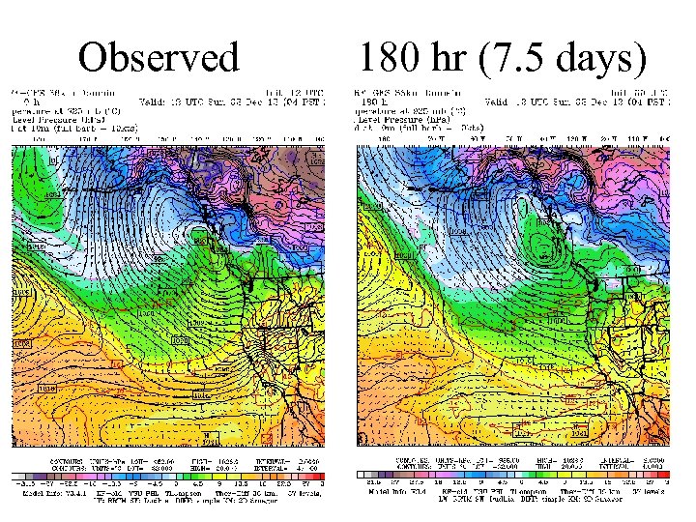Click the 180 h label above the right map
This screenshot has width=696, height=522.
371,101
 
